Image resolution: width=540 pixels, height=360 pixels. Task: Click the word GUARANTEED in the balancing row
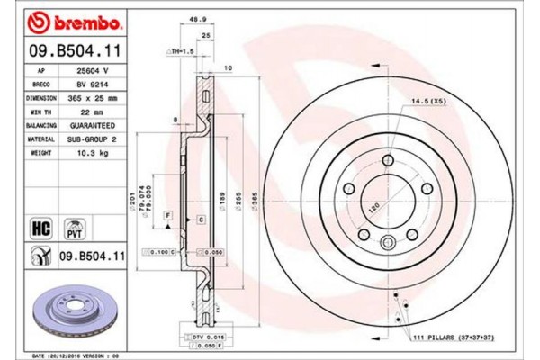(x=91, y=127)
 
